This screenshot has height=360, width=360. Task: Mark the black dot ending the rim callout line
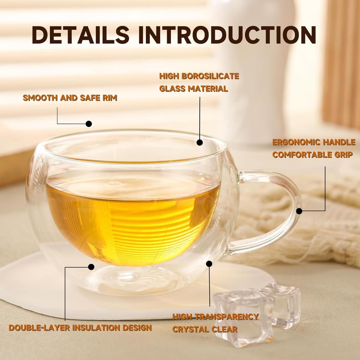click(x=89, y=124)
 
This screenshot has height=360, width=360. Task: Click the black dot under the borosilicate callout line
click(x=200, y=142)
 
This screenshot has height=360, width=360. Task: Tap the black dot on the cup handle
click(x=299, y=211)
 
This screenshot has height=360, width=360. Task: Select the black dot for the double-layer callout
click(x=91, y=267)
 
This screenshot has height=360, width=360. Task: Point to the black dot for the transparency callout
click(x=210, y=263)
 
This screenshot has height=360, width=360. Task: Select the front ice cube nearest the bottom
click(x=243, y=316)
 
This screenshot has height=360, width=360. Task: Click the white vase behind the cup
click(x=253, y=70)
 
